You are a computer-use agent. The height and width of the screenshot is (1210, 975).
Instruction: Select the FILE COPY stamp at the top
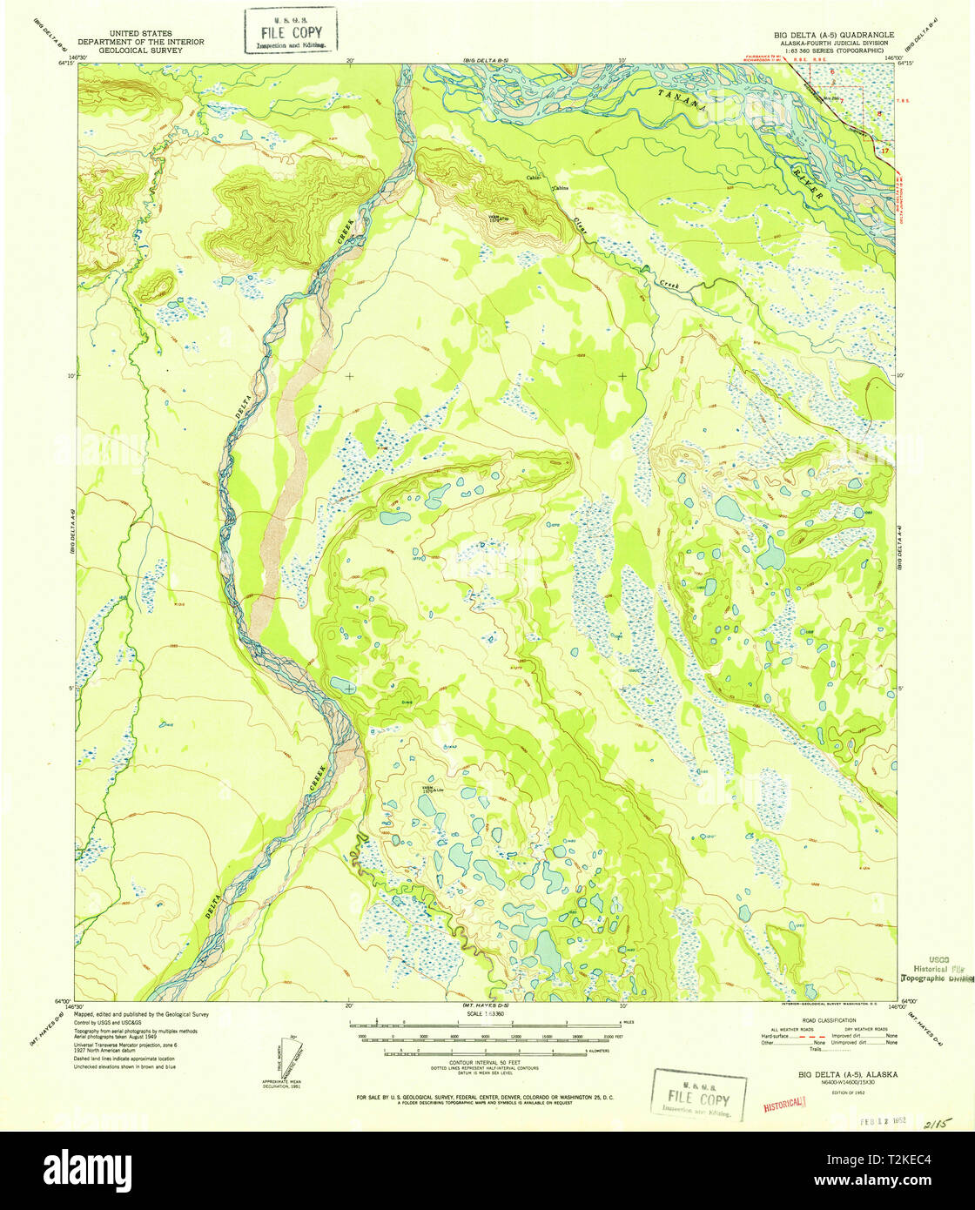pos(290,32)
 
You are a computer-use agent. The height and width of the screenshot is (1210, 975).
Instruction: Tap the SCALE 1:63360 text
pos(487,1014)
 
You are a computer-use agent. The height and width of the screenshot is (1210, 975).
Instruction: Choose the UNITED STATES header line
pos(140,33)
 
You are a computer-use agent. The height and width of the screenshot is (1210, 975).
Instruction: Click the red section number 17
pos(885,151)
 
